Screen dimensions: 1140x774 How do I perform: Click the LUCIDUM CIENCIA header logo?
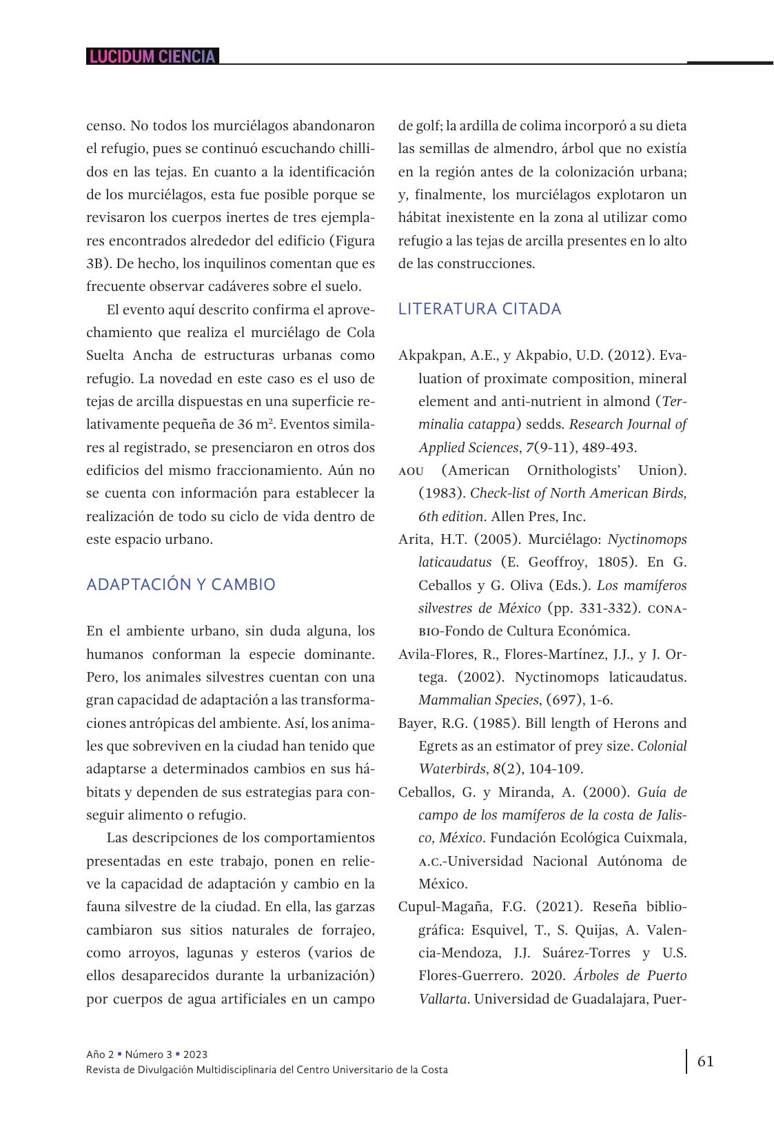click(x=152, y=57)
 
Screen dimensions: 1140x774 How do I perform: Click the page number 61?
click(x=706, y=1061)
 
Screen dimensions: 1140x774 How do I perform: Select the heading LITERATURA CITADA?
click(x=480, y=309)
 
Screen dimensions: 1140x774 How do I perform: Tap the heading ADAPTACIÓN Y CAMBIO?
click(x=181, y=584)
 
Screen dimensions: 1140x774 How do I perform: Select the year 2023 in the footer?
click(x=195, y=1055)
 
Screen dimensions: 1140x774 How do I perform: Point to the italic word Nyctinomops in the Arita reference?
click(x=647, y=539)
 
